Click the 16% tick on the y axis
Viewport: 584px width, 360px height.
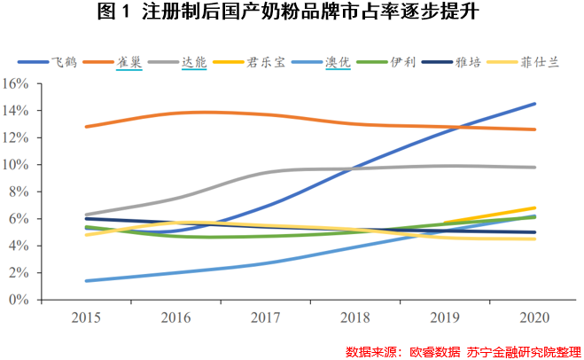click(17, 84)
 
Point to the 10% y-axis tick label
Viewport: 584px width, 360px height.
click(17, 165)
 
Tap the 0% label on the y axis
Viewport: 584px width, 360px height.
click(20, 300)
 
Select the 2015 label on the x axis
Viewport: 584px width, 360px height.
click(86, 317)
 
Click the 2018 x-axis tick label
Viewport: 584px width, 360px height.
click(354, 317)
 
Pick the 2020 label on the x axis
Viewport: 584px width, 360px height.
click(534, 317)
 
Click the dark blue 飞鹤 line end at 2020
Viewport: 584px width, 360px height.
click(534, 104)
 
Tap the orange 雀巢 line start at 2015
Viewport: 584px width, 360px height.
click(86, 127)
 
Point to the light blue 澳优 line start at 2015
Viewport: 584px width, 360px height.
click(86, 280)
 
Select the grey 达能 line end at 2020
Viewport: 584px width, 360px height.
click(534, 168)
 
